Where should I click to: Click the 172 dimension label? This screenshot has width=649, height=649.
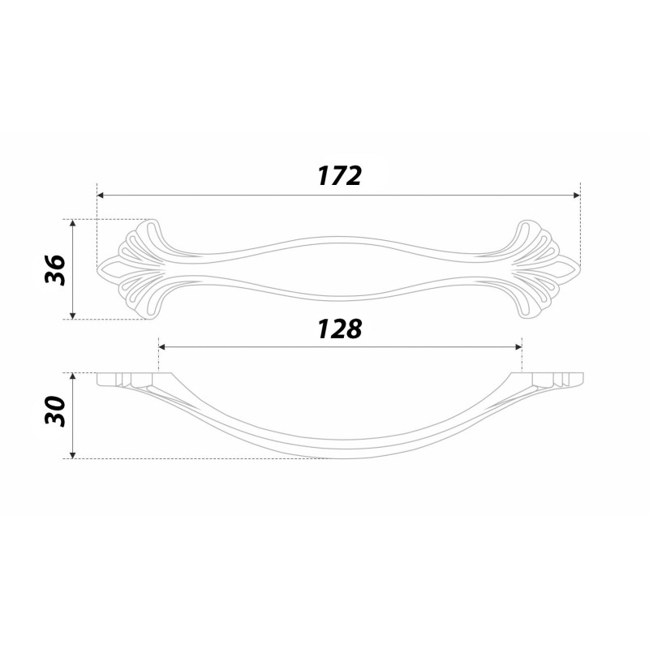pyautogui.click(x=339, y=176)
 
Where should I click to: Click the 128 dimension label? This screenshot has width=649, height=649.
pyautogui.click(x=339, y=329)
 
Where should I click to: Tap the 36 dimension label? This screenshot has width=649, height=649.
pyautogui.click(x=55, y=270)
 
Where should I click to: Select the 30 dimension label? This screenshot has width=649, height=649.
pyautogui.click(x=55, y=411)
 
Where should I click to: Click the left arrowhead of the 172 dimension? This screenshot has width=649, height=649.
pyautogui.click(x=100, y=196)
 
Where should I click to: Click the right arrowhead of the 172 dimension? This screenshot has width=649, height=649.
pyautogui.click(x=577, y=196)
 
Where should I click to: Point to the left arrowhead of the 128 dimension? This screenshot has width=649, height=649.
pyautogui.click(x=162, y=347)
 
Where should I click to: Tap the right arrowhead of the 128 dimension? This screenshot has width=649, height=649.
pyautogui.click(x=518, y=347)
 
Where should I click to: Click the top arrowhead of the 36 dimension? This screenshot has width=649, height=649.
pyautogui.click(x=73, y=223)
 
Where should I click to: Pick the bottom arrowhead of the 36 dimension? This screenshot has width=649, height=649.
pyautogui.click(x=73, y=316)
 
